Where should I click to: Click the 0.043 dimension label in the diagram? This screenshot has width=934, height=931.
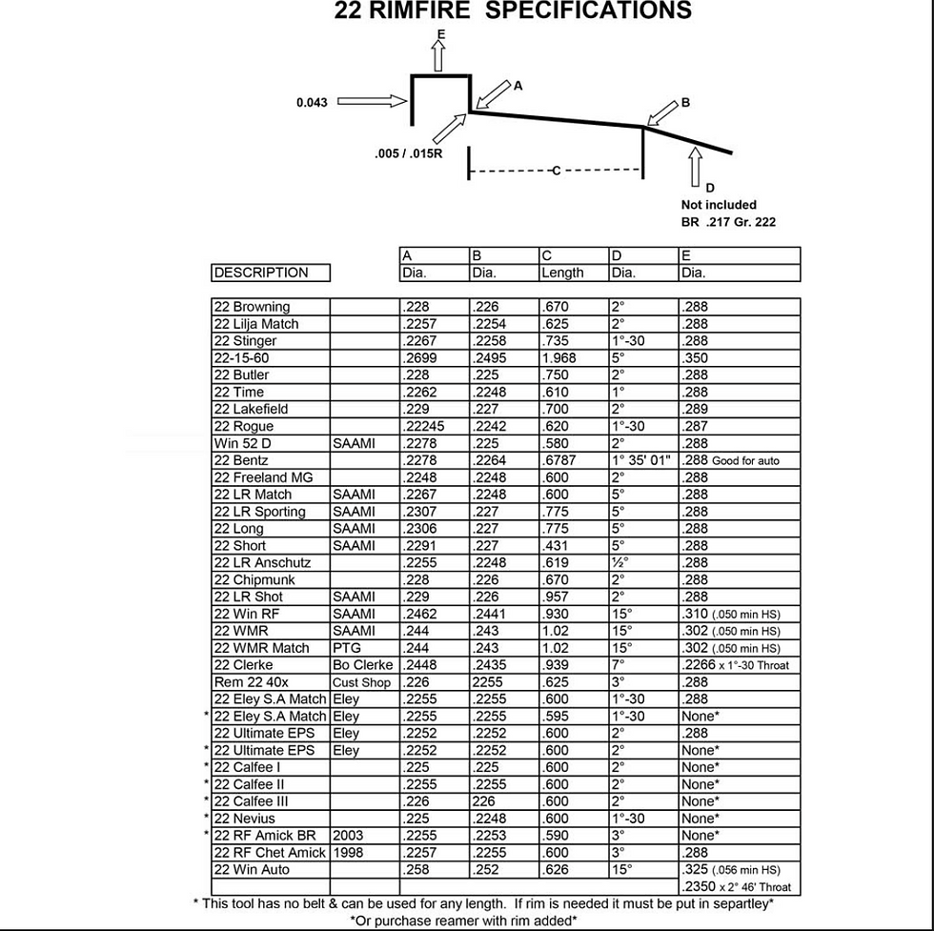coord(312,102)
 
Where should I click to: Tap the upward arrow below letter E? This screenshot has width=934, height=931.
coord(439,56)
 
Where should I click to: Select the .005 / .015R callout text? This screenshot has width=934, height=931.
coord(409,153)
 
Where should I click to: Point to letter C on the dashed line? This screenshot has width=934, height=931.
coord(556,171)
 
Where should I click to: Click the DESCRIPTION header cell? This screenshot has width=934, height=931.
coord(261,273)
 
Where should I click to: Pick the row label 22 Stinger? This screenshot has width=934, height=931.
coord(246,341)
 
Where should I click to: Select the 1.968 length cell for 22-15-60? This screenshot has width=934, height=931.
coord(560,358)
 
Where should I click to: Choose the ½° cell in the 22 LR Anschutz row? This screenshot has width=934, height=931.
coord(619,563)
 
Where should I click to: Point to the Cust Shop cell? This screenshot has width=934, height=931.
coord(361,682)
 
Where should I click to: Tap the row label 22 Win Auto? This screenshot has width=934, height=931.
coord(252,870)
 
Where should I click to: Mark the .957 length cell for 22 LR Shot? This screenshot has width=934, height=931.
coord(555,597)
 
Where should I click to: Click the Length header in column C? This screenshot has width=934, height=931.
coord(562,273)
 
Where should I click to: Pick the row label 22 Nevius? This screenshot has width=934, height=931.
coord(244,819)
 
